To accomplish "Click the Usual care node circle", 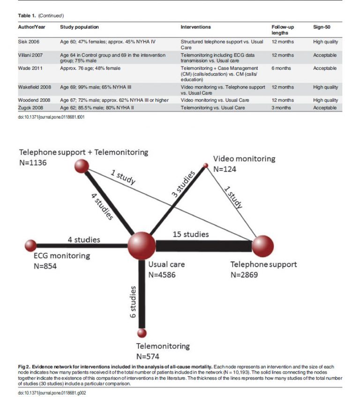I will click(142, 244).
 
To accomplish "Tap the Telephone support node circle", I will click(262, 246).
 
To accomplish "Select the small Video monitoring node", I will click(205, 165).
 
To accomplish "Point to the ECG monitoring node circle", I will click(31, 245).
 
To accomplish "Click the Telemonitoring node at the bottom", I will click(142, 333).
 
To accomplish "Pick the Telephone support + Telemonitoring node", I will click(82, 166).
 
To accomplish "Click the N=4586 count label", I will click(162, 275).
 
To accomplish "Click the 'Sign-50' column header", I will click(322, 27).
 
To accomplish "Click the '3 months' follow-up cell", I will click(282, 108).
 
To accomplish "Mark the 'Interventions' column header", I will click(195, 27).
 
